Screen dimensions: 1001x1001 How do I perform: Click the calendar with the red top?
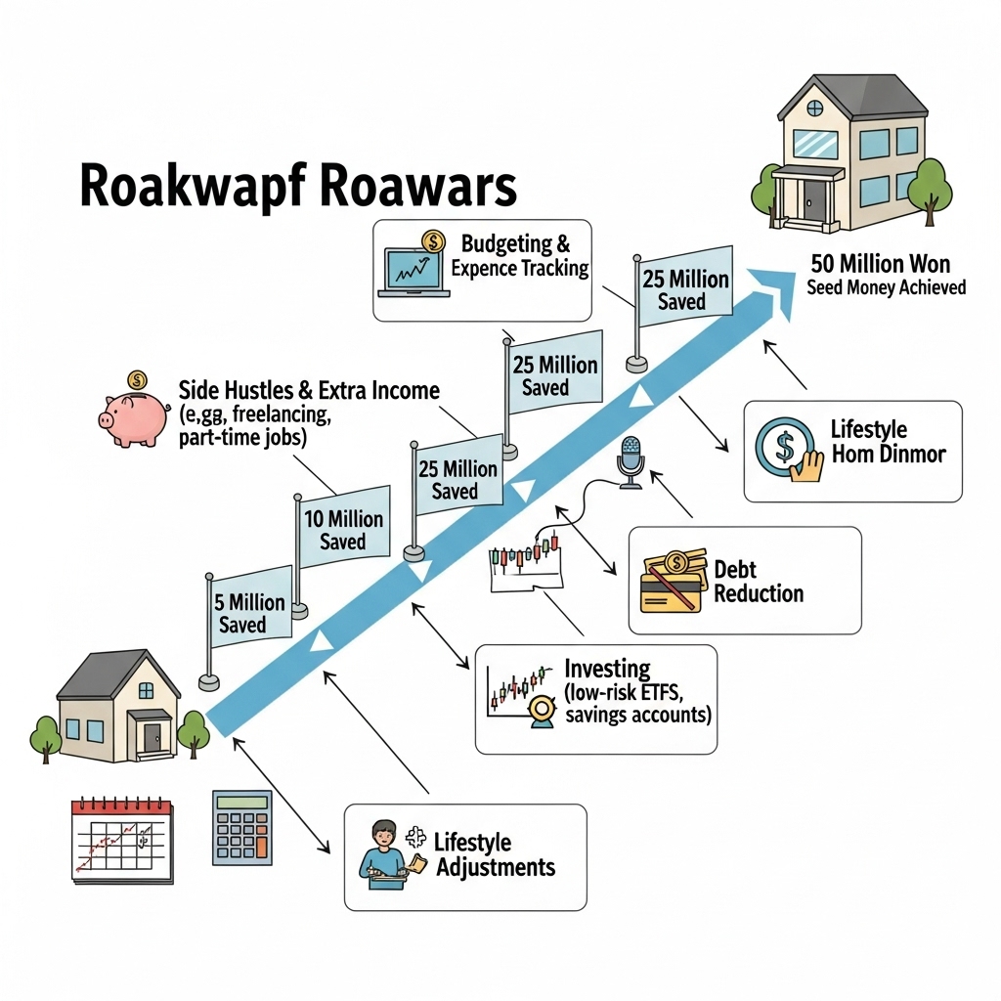point(122,840)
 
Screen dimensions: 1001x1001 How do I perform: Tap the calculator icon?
point(241,827)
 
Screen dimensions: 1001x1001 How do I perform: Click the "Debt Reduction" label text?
point(759,581)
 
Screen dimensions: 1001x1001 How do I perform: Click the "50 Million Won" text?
point(880,264)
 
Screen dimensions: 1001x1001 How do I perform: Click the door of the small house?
point(152,736)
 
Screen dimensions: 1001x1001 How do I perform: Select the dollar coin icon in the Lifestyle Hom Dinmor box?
point(784,448)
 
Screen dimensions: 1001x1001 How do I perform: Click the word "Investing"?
point(607,670)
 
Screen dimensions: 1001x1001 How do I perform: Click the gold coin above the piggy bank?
point(137,378)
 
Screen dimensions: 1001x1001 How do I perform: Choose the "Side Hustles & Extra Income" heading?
point(309,391)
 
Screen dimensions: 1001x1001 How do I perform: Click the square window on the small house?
point(145,690)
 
